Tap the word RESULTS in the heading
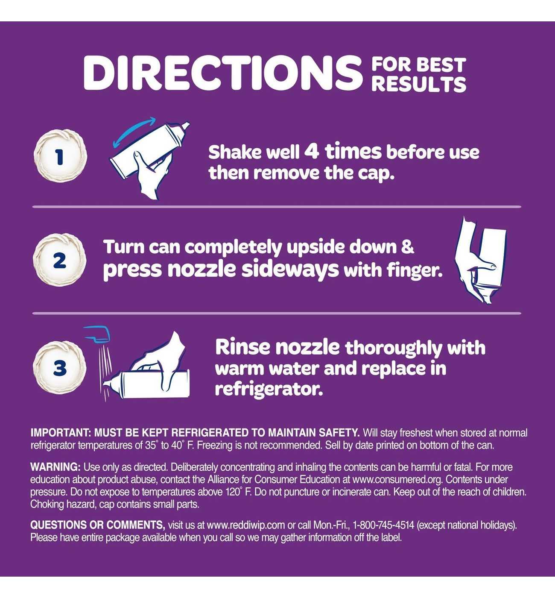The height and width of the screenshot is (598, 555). [419, 85]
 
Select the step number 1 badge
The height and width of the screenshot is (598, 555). [61, 156]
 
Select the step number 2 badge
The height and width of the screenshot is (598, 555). [60, 260]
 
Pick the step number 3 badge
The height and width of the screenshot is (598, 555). [60, 368]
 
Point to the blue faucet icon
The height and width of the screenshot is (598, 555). [97, 334]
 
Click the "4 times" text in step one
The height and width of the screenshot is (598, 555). [343, 152]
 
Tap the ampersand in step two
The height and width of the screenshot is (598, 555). [408, 247]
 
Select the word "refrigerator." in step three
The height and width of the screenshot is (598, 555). [269, 390]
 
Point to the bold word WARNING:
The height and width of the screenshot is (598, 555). [55, 467]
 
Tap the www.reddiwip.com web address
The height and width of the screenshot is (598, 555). [245, 525]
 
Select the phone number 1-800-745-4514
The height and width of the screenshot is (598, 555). [383, 525]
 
